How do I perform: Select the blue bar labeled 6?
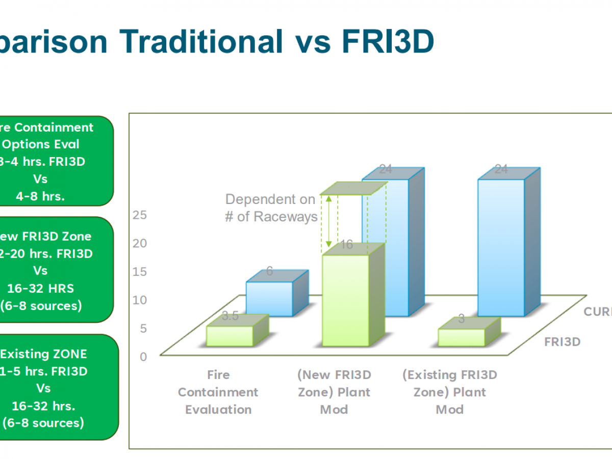point(269,298)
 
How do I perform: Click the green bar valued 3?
point(462,337)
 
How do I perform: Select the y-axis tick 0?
point(143,356)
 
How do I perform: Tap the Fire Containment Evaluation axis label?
point(218,392)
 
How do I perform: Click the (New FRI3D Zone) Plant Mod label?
point(334,392)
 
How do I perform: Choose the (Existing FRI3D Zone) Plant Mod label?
point(450,392)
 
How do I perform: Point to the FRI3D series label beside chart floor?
point(562,342)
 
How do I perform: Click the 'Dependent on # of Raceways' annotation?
point(271,208)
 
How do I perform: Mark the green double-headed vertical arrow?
point(329,222)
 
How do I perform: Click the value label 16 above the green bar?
point(347,245)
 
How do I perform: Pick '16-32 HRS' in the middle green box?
point(40,288)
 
